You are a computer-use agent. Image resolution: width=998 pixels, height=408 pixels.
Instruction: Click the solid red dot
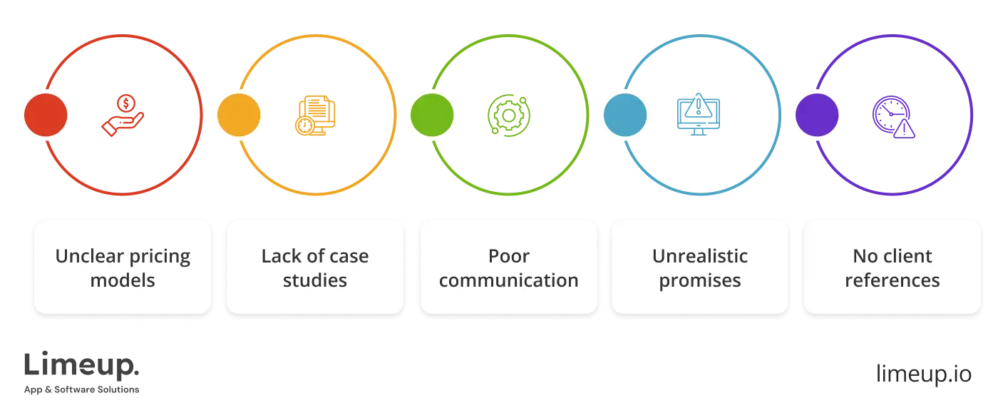[x=46, y=115]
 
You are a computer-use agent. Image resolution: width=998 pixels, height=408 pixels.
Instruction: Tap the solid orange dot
[x=239, y=115]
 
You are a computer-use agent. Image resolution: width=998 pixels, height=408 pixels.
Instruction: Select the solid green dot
[x=432, y=115]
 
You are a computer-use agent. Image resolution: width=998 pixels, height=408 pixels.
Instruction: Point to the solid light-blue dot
[x=625, y=115]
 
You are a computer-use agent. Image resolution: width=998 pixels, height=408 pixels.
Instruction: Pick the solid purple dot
[x=817, y=115]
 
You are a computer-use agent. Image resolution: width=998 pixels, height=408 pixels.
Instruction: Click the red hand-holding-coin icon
[x=122, y=116]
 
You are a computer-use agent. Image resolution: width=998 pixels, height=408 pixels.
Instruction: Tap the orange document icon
[x=316, y=116]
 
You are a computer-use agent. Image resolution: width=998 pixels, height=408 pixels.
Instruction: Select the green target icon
[x=508, y=116]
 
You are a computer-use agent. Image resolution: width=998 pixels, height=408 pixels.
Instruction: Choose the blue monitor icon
[x=699, y=116]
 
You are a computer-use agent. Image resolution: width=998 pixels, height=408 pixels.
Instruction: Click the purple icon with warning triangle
[x=894, y=117]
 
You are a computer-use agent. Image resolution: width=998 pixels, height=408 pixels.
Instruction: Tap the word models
[x=123, y=280]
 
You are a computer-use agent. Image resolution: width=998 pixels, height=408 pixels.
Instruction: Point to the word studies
[x=315, y=280]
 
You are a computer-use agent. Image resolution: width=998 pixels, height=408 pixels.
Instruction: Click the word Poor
[x=508, y=256]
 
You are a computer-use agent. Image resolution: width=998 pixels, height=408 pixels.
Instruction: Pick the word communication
[x=508, y=280]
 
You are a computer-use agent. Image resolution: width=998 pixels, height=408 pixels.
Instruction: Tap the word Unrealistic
[x=700, y=256]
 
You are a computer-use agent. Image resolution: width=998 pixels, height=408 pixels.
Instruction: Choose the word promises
[x=700, y=280]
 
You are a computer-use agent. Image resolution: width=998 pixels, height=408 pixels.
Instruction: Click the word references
[x=892, y=280]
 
